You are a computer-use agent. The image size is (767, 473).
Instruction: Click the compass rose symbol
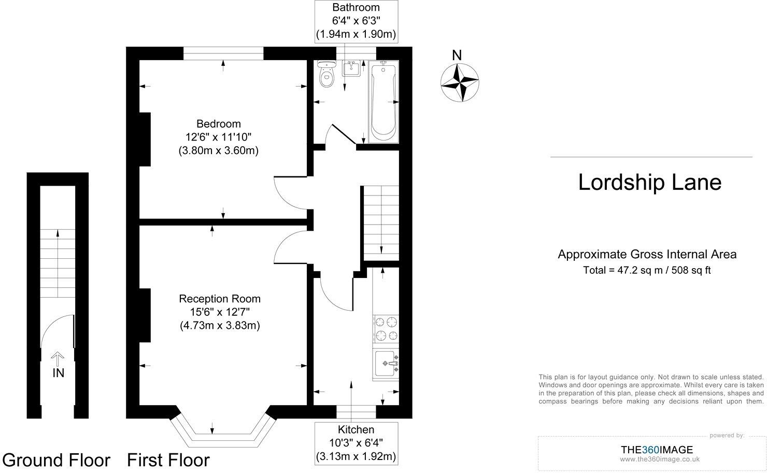pyautogui.click(x=459, y=82)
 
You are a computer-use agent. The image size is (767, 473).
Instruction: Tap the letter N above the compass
pyautogui.click(x=457, y=55)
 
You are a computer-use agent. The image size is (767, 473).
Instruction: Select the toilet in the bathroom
pyautogui.click(x=326, y=75)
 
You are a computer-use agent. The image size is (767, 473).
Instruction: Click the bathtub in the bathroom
pyautogui.click(x=383, y=101)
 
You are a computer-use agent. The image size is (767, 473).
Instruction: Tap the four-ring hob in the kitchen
pyautogui.click(x=386, y=329)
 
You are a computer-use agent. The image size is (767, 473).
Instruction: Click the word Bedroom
pyautogui.click(x=218, y=124)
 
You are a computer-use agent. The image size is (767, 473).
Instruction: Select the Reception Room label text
pyautogui.click(x=220, y=299)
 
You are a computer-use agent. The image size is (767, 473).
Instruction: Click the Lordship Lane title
pyautogui.click(x=650, y=183)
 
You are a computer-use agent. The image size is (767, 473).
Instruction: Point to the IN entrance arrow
pyautogui.click(x=58, y=357)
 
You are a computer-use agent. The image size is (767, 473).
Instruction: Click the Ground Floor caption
pyautogui.click(x=56, y=460)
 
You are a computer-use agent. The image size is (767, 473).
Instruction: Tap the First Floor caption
pyautogui.click(x=168, y=460)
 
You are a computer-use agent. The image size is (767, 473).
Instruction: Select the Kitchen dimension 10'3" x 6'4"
pyautogui.click(x=356, y=443)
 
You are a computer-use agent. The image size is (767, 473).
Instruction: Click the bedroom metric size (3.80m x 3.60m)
pyautogui.click(x=218, y=151)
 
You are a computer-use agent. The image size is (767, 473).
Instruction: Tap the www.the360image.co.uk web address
pyautogui.click(x=660, y=459)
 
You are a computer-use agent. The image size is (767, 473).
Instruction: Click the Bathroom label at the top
pyautogui.click(x=356, y=8)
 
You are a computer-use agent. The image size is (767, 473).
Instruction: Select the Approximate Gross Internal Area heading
pyautogui.click(x=647, y=254)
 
